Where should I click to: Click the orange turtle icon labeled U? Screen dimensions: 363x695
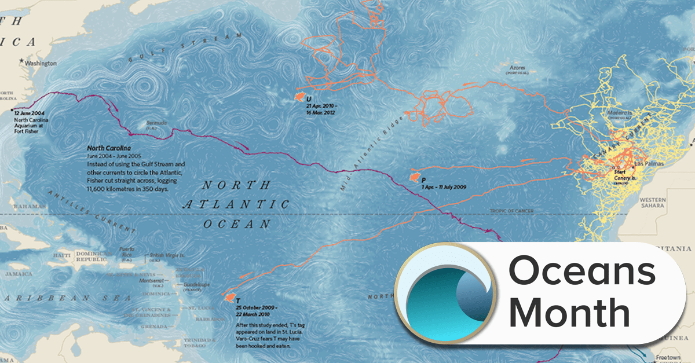(x=300, y=97)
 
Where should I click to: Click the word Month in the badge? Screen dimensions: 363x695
(x=570, y=313)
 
